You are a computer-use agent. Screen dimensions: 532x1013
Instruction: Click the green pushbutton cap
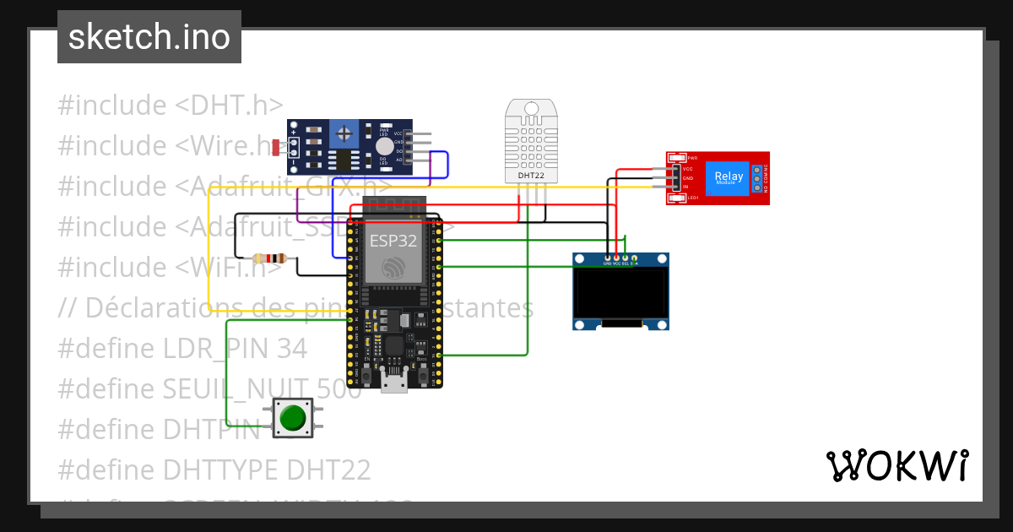[x=292, y=418]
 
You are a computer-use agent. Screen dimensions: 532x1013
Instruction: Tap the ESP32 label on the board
[x=393, y=241]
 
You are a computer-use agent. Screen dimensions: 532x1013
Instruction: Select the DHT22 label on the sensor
[x=532, y=176]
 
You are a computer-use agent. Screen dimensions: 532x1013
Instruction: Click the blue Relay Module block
[x=729, y=178]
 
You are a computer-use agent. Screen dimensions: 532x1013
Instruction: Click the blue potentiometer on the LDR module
[x=343, y=133]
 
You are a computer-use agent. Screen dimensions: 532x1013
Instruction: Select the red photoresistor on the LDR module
[x=276, y=148]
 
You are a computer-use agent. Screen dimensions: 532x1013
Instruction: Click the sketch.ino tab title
[x=149, y=37]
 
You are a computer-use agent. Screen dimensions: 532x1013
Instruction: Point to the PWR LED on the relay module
[x=679, y=158]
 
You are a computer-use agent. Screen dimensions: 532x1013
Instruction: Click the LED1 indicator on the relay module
[x=679, y=198]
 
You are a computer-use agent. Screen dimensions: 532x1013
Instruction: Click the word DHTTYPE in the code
[x=220, y=470]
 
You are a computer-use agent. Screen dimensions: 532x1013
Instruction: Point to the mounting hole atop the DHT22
[x=532, y=108]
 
